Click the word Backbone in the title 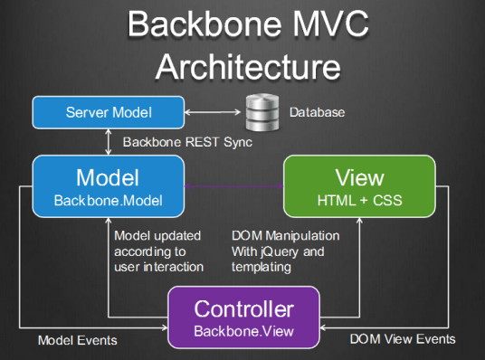pyautogui.click(x=204, y=24)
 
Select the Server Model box pyautogui.click(x=108, y=113)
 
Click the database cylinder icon pyautogui.click(x=262, y=113)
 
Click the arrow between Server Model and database pyautogui.click(x=214, y=113)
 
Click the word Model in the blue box pyautogui.click(x=108, y=177)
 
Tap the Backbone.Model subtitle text pyautogui.click(x=108, y=198)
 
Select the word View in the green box pyautogui.click(x=359, y=177)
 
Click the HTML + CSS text pyautogui.click(x=359, y=198)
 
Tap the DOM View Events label pyautogui.click(x=402, y=340)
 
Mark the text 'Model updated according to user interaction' pyautogui.click(x=159, y=251)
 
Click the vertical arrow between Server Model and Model pyautogui.click(x=108, y=141)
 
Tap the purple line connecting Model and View pyautogui.click(x=234, y=188)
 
